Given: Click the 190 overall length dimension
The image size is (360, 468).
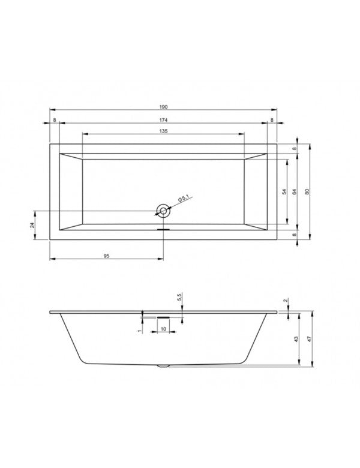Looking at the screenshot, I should tap(163, 106).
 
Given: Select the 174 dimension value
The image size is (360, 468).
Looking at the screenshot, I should tap(163, 120).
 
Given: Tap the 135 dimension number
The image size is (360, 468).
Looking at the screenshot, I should tap(163, 131).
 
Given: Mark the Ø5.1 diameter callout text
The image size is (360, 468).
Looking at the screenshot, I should tap(184, 199).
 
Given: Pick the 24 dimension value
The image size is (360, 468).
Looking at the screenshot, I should tap(32, 224).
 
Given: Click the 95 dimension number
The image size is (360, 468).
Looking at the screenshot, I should tap(106, 256).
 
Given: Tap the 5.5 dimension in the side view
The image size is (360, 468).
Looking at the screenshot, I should tap(179, 298).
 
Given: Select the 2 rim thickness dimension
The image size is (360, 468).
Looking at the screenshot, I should tap(285, 301).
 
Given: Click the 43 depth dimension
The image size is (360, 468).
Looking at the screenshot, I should tap(296, 339).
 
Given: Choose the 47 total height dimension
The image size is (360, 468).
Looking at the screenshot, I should tap(309, 339).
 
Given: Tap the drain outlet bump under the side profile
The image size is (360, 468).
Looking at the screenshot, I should tap(163, 365).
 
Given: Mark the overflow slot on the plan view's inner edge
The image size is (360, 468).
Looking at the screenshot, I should tap(163, 228).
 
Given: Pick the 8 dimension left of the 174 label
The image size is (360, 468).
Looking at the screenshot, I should tap(55, 120).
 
